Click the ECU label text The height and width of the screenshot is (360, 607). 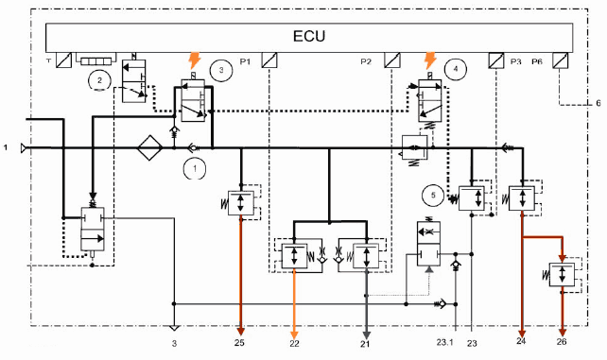pyautogui.click(x=309, y=36)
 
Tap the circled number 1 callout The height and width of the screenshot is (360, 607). pyautogui.click(x=195, y=168)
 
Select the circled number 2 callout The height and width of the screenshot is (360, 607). pyautogui.click(x=100, y=80)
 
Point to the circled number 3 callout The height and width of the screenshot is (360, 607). pyautogui.click(x=221, y=70)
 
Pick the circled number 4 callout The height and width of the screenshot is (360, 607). pyautogui.click(x=456, y=69)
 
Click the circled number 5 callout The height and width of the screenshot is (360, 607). pyautogui.click(x=433, y=195)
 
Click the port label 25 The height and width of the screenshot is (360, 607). pyautogui.click(x=239, y=343)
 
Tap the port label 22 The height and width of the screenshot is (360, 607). pyautogui.click(x=294, y=343)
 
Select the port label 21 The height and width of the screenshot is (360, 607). pyautogui.click(x=365, y=344)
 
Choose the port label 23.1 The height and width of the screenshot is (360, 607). pyautogui.click(x=444, y=342)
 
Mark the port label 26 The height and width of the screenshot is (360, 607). pyautogui.click(x=562, y=341)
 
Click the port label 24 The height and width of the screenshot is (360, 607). pyautogui.click(x=521, y=341)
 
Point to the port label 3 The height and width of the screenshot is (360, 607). pyautogui.click(x=174, y=343)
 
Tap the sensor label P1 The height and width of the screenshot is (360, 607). pyautogui.click(x=245, y=61)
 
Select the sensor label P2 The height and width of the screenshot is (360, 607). pyautogui.click(x=366, y=61)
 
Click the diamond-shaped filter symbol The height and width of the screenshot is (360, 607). pyautogui.click(x=149, y=147)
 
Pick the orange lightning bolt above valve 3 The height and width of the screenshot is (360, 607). pyautogui.click(x=195, y=60)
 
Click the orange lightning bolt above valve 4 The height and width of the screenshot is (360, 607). pyautogui.click(x=429, y=60)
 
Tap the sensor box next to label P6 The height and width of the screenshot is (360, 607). pyautogui.click(x=560, y=60)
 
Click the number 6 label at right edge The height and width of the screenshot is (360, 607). pyautogui.click(x=598, y=103)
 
